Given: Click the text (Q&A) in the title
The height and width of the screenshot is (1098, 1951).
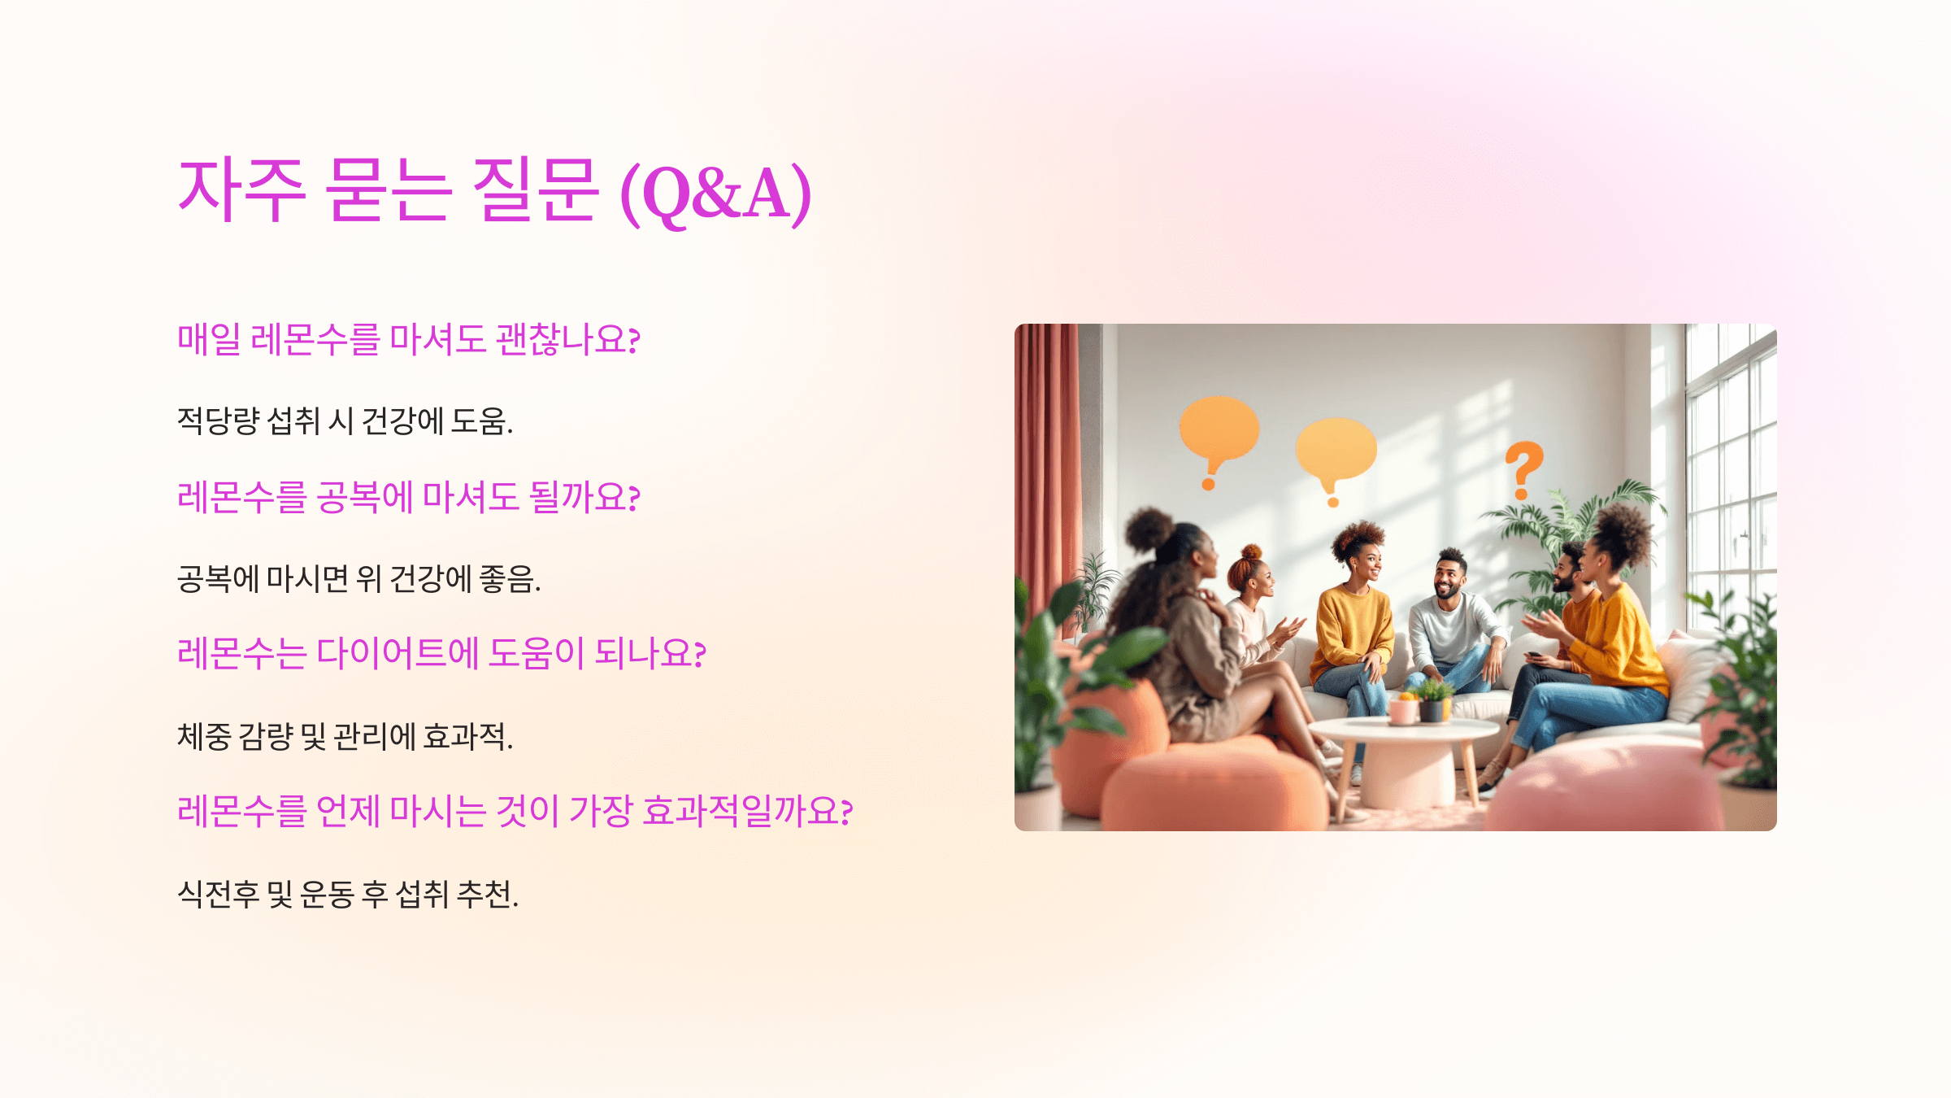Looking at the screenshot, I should tap(715, 194).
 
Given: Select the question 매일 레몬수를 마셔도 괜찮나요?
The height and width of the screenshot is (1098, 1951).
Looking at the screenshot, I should tap(408, 340).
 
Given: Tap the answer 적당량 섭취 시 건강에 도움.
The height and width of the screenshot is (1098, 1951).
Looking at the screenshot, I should tap(345, 421).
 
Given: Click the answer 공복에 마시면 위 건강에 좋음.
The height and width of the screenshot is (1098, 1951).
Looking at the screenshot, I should tap(358, 579).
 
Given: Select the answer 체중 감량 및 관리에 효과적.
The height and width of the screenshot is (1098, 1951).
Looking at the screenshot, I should tap(345, 737).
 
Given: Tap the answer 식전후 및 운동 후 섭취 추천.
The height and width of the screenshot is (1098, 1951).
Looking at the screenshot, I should tap(348, 895).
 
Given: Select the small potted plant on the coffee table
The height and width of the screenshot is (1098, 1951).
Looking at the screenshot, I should tap(1434, 699).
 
